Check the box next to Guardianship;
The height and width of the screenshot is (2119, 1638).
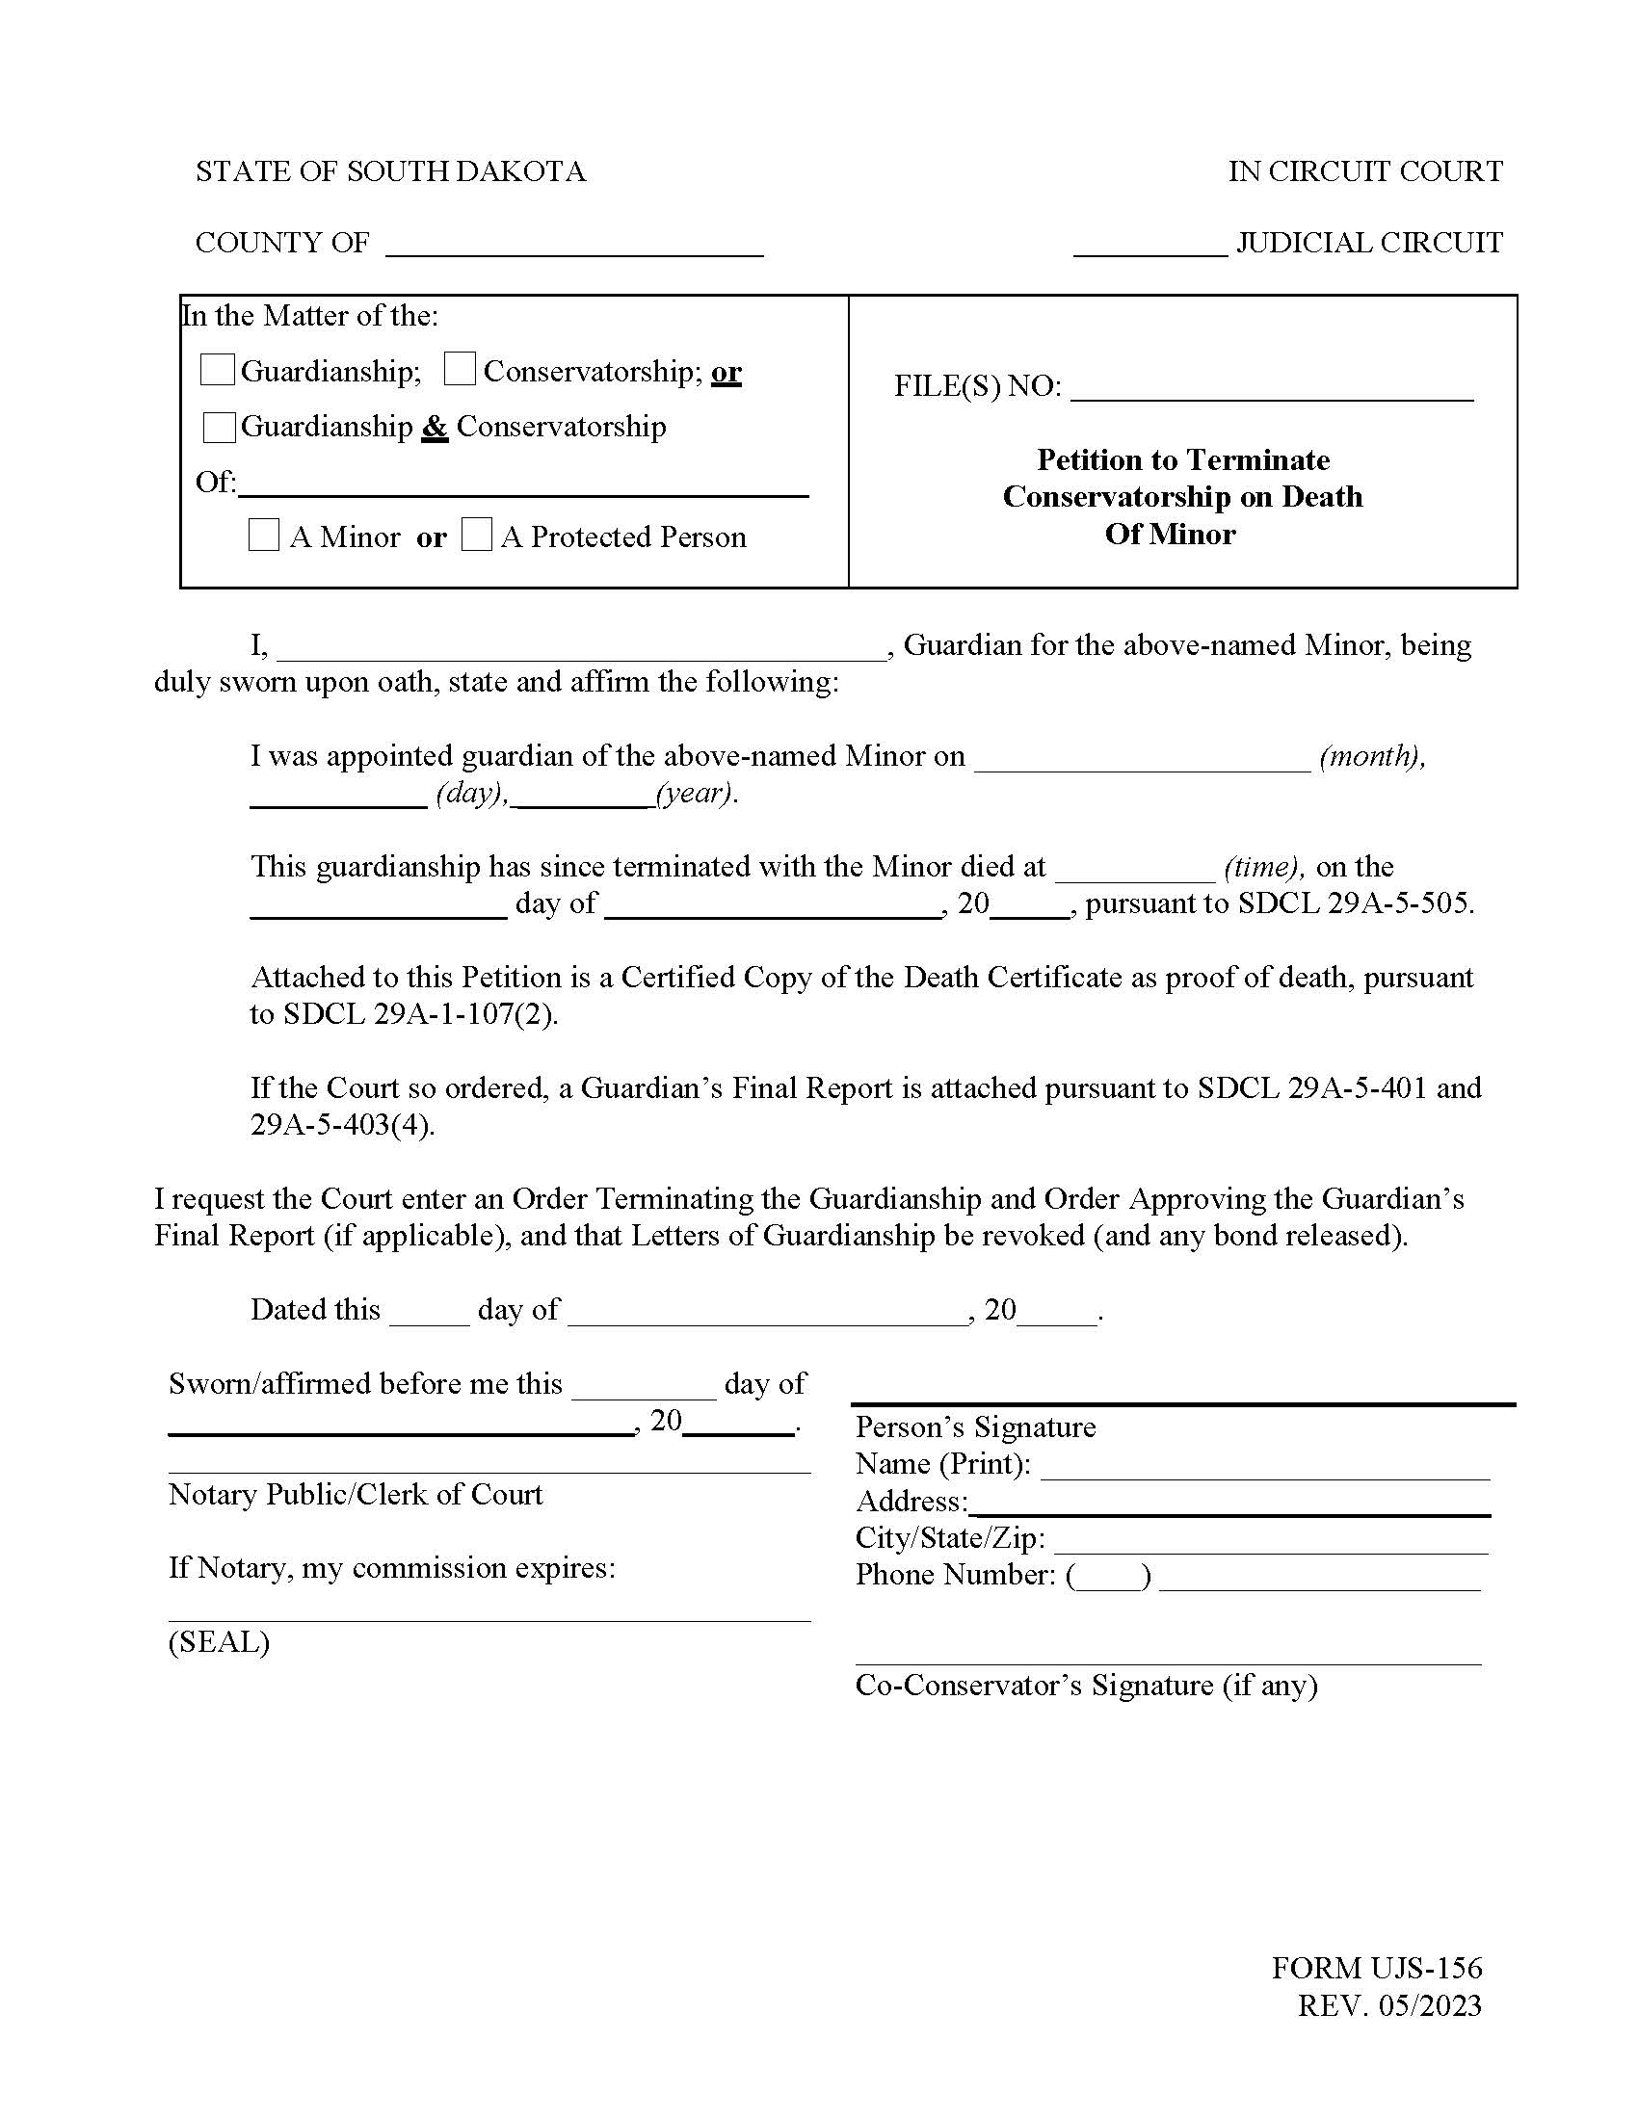click(x=217, y=370)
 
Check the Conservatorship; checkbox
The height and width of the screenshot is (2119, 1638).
click(x=460, y=370)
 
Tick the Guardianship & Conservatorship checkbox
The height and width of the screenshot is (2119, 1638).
click(x=219, y=427)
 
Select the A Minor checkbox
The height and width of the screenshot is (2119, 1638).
click(x=264, y=536)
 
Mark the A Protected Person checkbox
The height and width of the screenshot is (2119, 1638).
click(x=476, y=536)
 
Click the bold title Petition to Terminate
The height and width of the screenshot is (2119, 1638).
click(x=1183, y=458)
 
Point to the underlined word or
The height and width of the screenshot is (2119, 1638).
click(x=726, y=372)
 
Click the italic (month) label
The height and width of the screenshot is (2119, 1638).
click(x=1372, y=756)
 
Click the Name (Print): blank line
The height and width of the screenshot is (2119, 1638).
click(x=1264, y=1467)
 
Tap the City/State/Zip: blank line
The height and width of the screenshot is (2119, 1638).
click(x=1270, y=1541)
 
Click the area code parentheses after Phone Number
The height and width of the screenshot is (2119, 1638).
click(x=1109, y=1576)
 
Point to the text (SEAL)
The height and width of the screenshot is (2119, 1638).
click(x=220, y=1641)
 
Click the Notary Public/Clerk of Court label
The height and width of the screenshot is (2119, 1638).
click(x=356, y=1494)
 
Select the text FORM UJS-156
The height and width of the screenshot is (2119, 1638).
click(x=1377, y=1967)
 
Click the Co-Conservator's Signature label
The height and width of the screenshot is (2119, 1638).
click(x=1086, y=1685)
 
